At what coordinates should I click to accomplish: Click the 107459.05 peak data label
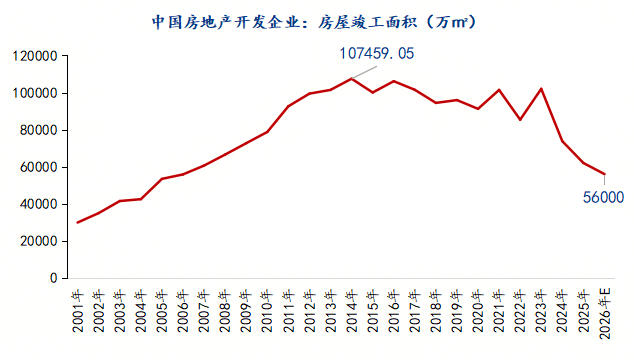point(376,53)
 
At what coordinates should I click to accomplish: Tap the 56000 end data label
point(603,197)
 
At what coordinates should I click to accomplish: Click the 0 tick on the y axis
point(54,279)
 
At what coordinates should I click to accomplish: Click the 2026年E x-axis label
point(604,313)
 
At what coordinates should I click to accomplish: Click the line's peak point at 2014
point(351,79)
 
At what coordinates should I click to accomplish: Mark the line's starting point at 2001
point(77,222)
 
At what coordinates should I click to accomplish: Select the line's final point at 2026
point(604,175)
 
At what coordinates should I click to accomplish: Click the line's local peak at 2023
point(541,89)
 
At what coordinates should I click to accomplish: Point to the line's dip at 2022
point(520,120)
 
